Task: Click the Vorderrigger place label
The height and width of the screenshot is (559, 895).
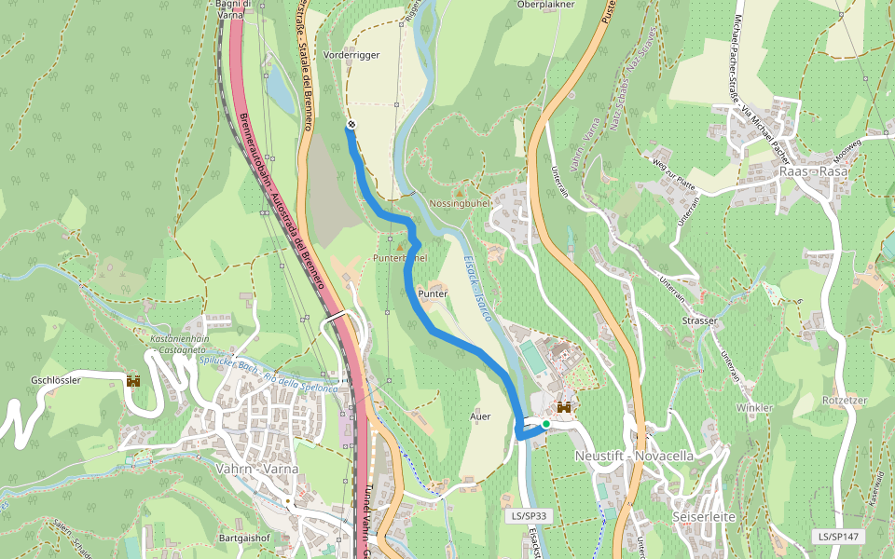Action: tap(351, 55)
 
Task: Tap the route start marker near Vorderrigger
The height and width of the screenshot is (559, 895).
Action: tap(351, 125)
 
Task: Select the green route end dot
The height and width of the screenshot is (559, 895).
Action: tap(545, 424)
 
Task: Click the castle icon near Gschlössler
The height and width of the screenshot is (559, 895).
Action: tap(133, 381)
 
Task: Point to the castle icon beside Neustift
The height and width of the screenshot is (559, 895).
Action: tap(563, 407)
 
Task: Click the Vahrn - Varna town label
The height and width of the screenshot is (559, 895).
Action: tap(256, 469)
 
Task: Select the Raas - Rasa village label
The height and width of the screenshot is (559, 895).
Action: tap(813, 172)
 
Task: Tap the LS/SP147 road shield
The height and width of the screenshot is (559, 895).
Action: tap(838, 537)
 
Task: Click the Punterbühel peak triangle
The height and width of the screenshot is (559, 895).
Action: tap(401, 246)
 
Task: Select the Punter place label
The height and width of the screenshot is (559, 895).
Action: tap(434, 293)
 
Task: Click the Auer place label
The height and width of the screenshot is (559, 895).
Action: tap(481, 416)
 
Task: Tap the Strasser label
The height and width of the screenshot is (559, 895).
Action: tap(699, 320)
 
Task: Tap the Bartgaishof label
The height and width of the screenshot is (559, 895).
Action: tap(244, 539)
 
